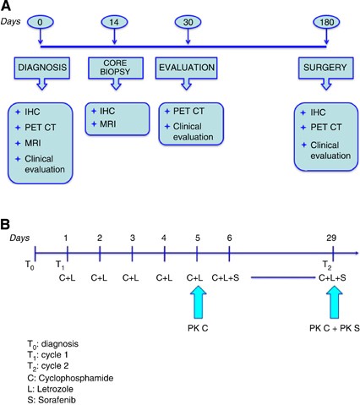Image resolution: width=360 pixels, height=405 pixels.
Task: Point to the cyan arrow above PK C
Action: point(197,299)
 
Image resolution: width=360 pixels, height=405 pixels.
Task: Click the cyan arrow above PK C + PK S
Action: point(333,299)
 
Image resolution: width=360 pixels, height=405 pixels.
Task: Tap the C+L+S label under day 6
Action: point(226,276)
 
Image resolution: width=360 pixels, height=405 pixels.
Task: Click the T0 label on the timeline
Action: point(32,262)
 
